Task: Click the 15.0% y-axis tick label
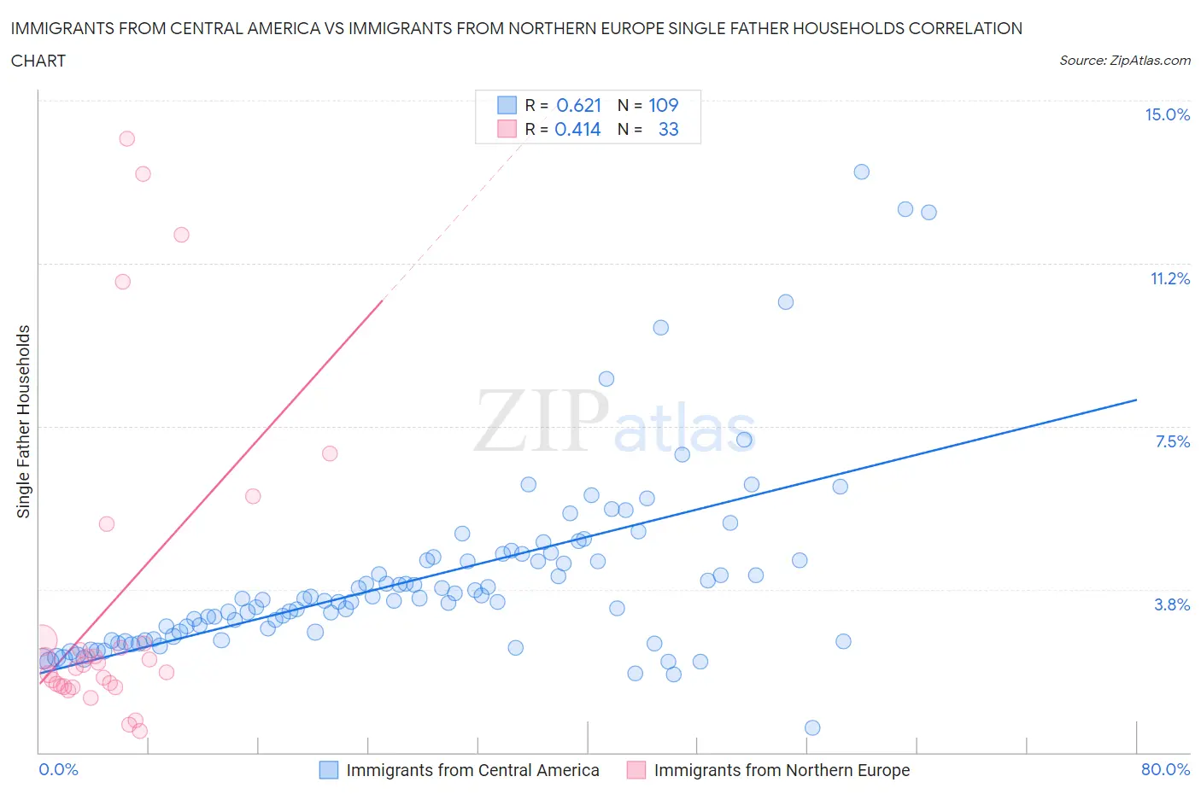[x=1167, y=114]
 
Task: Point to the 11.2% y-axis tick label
[x=1169, y=278]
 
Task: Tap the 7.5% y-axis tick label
[x=1172, y=441]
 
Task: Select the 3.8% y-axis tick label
[x=1172, y=604]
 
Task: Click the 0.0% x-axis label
[x=58, y=769]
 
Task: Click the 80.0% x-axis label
[x=1165, y=769]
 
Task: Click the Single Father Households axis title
[x=24, y=421]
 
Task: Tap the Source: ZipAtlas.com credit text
[x=1124, y=60]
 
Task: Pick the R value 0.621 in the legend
[x=578, y=105]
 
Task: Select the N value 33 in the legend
[x=668, y=129]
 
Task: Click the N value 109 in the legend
[x=663, y=105]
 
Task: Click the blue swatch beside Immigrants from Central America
[x=329, y=770]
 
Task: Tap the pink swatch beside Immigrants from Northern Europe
[x=636, y=770]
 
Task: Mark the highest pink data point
[x=127, y=138]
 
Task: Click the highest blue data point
[x=861, y=172]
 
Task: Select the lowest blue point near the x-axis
[x=812, y=727]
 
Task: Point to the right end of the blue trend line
[x=1136, y=400]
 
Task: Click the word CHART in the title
[x=38, y=61]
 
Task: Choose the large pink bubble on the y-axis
[x=42, y=639]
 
